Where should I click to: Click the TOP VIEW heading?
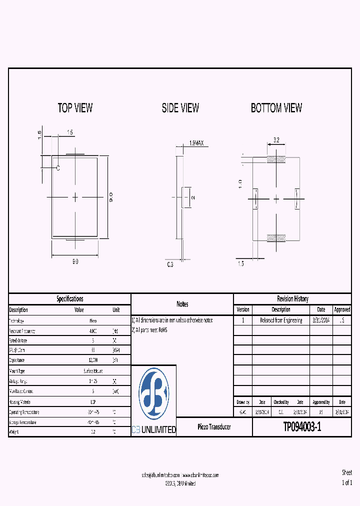coord(75,108)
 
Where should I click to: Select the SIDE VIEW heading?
coord(180,108)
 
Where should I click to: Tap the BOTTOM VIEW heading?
coord(276,108)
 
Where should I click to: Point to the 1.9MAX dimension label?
coord(196,143)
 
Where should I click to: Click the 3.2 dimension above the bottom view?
coord(276,140)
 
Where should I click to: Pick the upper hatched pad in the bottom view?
coord(276,160)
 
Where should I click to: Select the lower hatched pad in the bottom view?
coord(276,238)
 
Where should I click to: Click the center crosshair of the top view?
coord(75,197)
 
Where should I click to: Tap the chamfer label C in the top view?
coord(57,168)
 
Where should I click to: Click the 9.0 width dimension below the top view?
coord(75,261)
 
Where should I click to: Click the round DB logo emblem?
coord(153,394)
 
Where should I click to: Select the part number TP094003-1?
coord(302,427)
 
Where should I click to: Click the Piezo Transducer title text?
coord(214,427)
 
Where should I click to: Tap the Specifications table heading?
coord(69,299)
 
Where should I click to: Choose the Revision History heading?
coord(292,299)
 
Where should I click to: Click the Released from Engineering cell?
coord(280,320)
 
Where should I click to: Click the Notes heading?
coord(182,304)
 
